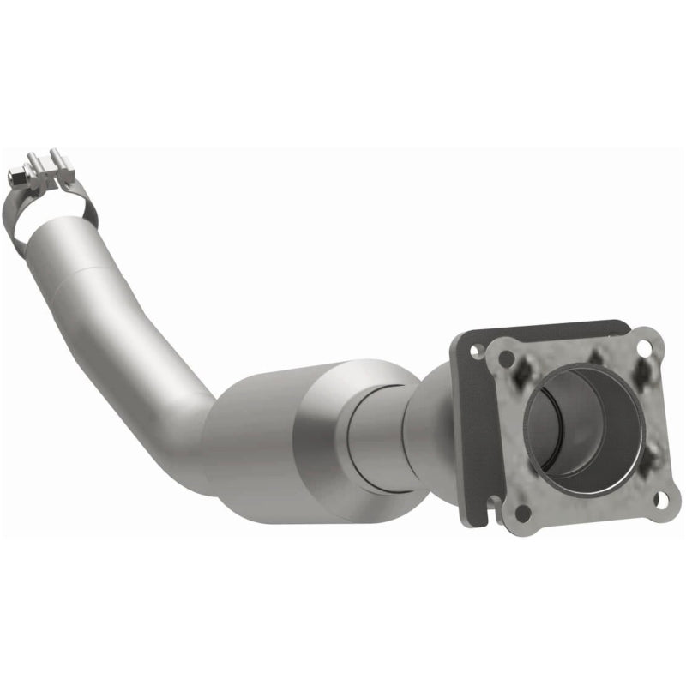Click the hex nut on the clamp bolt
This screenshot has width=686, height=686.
[15, 177]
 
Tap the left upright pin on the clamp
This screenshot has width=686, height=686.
[35, 161]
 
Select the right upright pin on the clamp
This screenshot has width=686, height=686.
[58, 159]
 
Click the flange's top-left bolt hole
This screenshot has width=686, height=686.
[507, 357]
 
